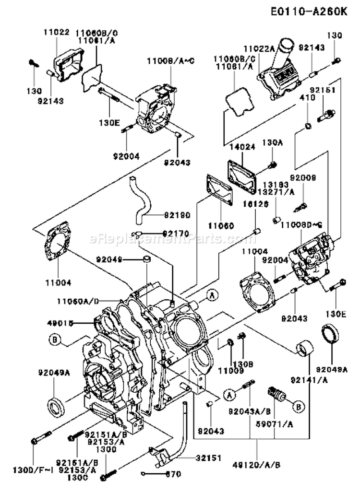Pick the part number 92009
coord(305,177)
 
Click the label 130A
coord(270,142)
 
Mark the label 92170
coord(163,234)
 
